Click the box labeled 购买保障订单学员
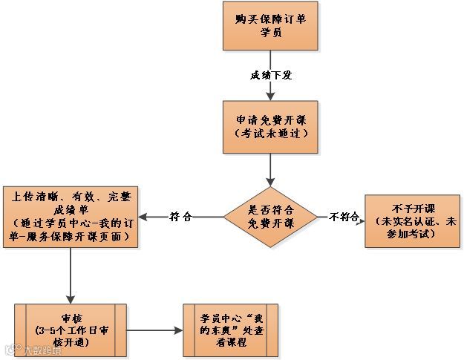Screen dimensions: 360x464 pos(270,26)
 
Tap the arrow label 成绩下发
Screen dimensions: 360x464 pos(270,76)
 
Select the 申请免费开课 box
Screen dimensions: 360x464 pos(270,127)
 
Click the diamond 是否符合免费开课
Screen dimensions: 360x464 pos(270,217)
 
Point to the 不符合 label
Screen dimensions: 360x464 pos(344,217)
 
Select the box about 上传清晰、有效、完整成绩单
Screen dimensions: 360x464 pos(71,216)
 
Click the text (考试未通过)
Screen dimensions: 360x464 pos(270,134)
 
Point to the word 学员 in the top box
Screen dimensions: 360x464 pos(270,33)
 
